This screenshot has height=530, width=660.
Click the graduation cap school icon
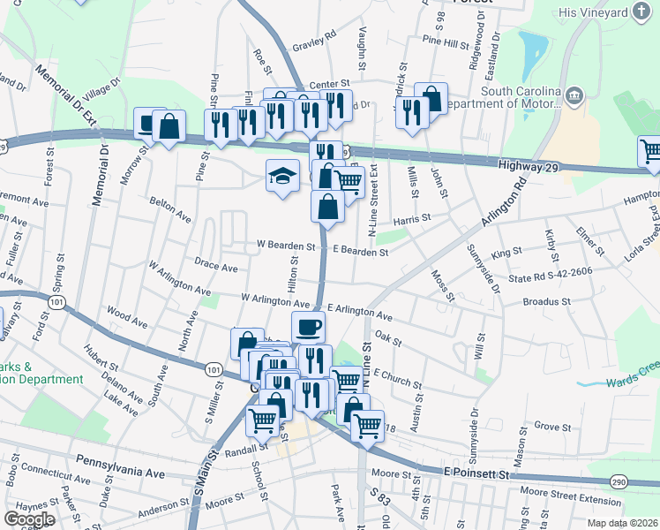282,176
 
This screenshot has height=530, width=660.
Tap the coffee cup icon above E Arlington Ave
308,327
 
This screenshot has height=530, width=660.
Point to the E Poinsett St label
477,474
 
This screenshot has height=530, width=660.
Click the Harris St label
412,217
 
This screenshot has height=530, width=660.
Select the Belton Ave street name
170,210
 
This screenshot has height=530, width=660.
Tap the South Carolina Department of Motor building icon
574,95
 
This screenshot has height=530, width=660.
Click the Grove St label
553,426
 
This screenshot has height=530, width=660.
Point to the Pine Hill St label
446,42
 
